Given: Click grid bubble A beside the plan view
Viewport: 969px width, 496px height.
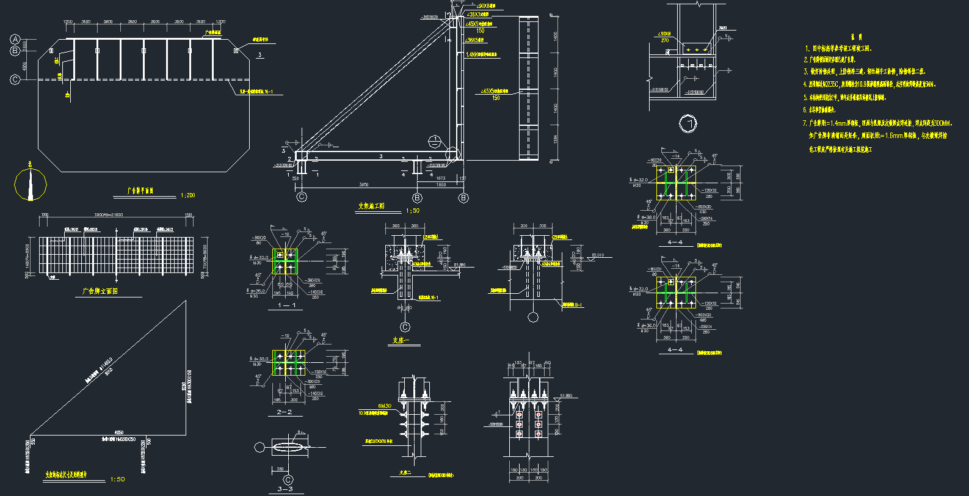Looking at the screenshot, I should pyautogui.click(x=15, y=40).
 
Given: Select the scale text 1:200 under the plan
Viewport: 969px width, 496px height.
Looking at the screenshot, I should pyautogui.click(x=187, y=195).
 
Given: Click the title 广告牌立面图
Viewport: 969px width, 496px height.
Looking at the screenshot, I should pyautogui.click(x=100, y=291).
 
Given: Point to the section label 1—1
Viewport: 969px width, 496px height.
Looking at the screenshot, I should pyautogui.click(x=286, y=305).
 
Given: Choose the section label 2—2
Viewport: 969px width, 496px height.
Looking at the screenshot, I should pyautogui.click(x=285, y=412).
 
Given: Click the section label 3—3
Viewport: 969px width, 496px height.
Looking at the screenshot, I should pyautogui.click(x=285, y=489).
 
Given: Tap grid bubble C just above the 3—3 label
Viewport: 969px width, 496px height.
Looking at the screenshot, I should pyautogui.click(x=288, y=480).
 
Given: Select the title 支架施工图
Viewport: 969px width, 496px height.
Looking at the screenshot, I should pyautogui.click(x=371, y=206).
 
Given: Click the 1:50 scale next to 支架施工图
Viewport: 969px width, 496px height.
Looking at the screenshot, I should pyautogui.click(x=413, y=211).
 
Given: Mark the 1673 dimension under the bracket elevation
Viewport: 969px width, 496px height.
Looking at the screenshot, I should pyautogui.click(x=440, y=178).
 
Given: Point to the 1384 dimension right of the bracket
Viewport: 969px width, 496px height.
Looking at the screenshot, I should pyautogui.click(x=555, y=139).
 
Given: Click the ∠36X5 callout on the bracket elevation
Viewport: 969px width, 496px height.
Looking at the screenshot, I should pyautogui.click(x=474, y=40).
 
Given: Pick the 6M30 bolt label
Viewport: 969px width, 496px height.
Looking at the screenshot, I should pyautogui.click(x=384, y=406).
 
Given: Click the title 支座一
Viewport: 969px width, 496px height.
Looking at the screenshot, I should pyautogui.click(x=401, y=340).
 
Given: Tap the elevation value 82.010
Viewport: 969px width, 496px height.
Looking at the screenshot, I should pyautogui.click(x=597, y=255).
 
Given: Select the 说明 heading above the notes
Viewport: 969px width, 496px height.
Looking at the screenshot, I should pyautogui.click(x=855, y=37).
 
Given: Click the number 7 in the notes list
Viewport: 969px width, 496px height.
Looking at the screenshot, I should pyautogui.click(x=805, y=123).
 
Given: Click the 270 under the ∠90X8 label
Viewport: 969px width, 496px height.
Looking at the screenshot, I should pyautogui.click(x=665, y=40).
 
